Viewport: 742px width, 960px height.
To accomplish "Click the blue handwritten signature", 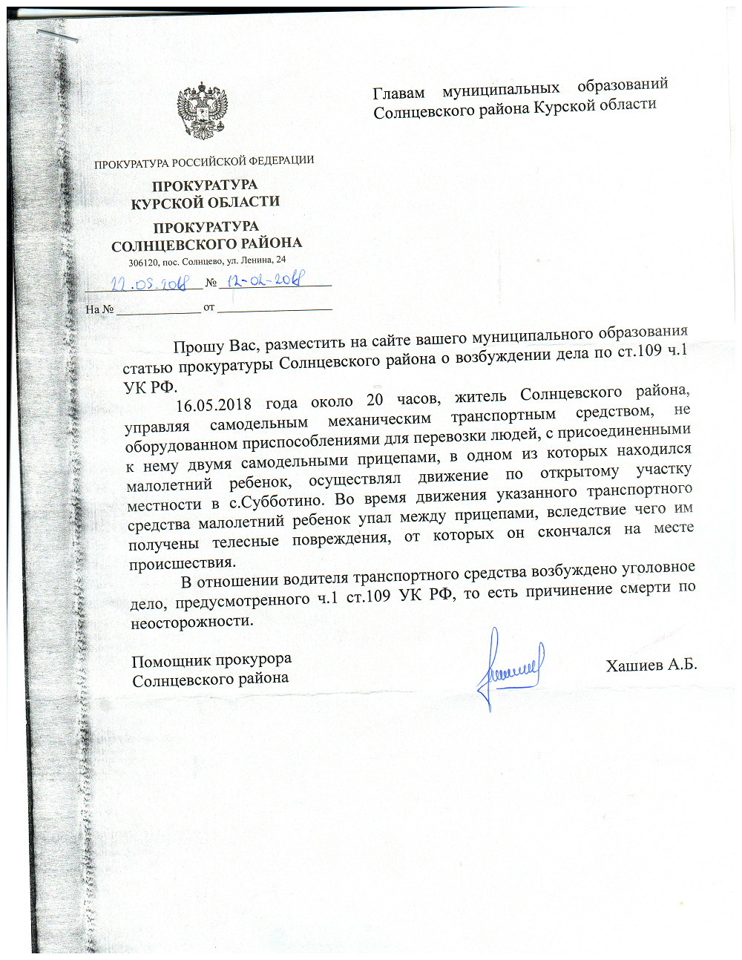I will click(x=510, y=668).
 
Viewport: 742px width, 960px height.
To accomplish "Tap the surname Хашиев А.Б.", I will click(x=651, y=664).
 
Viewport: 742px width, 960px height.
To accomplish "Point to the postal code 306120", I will click(x=142, y=263).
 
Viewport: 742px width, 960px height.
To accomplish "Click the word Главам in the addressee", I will click(x=398, y=93).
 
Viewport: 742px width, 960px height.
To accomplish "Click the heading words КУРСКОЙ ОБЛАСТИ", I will click(x=206, y=203).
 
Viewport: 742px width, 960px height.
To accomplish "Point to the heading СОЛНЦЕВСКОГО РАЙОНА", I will click(x=206, y=244).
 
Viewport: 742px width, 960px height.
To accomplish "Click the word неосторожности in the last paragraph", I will click(x=191, y=622).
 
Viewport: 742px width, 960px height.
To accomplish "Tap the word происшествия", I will click(x=182, y=563).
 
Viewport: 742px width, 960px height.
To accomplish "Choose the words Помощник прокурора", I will click(x=211, y=660).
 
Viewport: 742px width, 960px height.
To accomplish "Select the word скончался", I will click(x=574, y=531).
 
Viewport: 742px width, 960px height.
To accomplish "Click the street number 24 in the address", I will click(x=280, y=260).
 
